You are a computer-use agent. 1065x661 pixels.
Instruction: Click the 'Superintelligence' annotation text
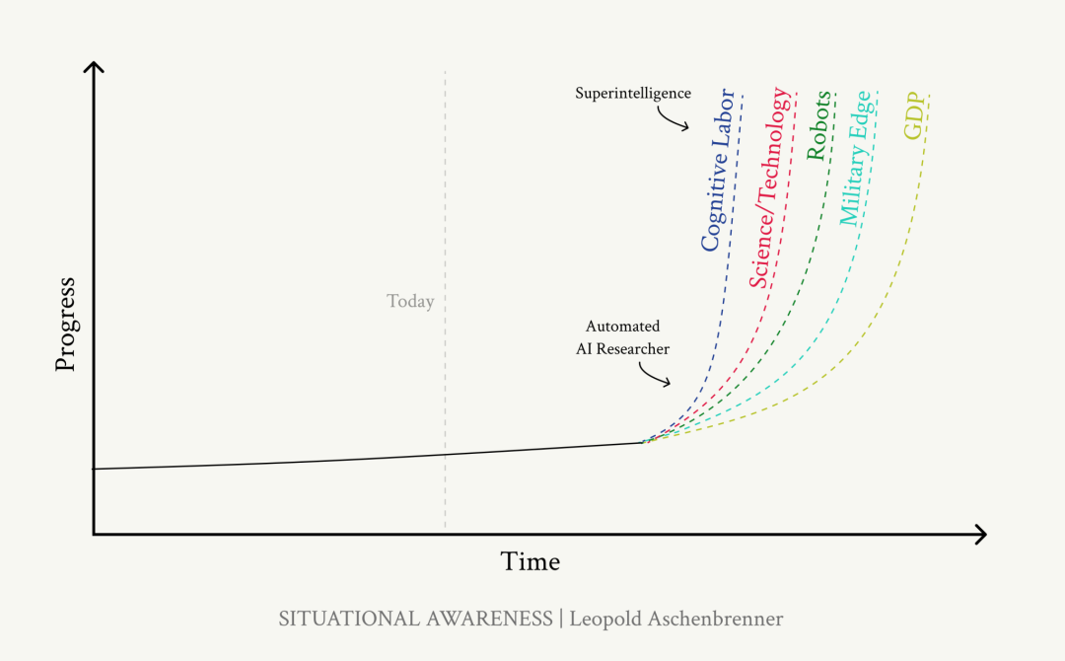pos(633,94)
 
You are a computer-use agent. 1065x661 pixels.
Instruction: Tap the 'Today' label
pos(410,301)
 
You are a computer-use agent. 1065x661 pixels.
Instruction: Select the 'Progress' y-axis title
pos(65,325)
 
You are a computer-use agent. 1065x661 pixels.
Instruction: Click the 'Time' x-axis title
pos(531,561)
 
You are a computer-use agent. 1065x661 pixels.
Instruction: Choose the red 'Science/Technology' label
pos(770,187)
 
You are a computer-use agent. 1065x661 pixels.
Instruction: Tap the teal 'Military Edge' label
pos(854,158)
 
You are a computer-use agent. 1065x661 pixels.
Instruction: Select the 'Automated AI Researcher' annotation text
pos(622,337)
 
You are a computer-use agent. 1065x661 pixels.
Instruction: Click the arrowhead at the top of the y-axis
pos(94,67)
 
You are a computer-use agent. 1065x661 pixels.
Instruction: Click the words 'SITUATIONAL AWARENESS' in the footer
pos(415,619)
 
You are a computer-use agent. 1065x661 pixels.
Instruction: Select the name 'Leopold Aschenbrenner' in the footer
pos(676,619)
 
